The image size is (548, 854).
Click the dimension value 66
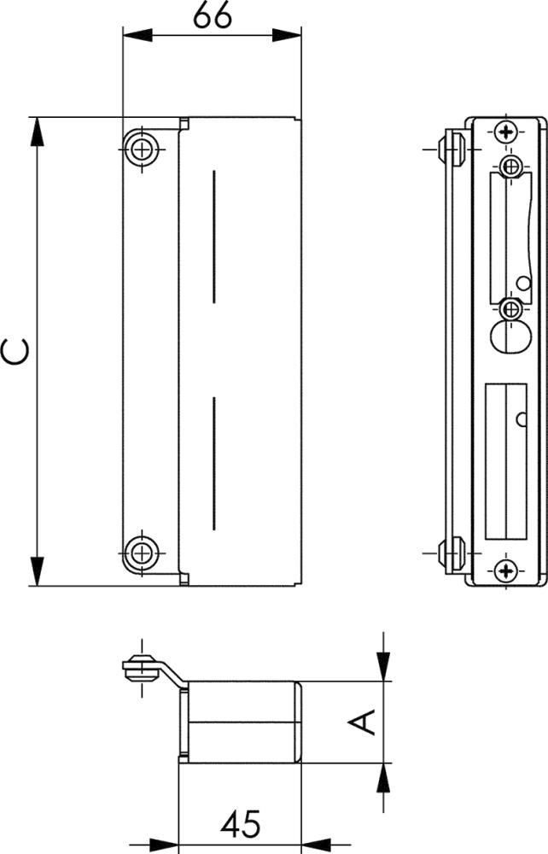(x=213, y=16)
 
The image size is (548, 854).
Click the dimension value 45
(x=241, y=823)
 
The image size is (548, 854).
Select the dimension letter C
(x=15, y=351)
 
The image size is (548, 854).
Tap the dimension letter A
(x=362, y=722)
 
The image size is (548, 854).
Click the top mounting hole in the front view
(x=142, y=149)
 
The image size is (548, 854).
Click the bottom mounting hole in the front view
(x=142, y=553)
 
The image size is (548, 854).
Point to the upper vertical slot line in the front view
(x=214, y=237)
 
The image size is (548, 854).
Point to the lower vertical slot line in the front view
(x=214, y=464)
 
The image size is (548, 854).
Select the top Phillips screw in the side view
(x=507, y=132)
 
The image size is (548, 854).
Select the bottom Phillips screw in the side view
(x=507, y=570)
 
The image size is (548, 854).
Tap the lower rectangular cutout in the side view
(x=505, y=461)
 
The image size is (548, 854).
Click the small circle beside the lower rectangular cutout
(x=522, y=419)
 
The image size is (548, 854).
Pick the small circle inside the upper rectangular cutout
(x=523, y=284)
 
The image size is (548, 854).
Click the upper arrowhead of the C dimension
(x=37, y=132)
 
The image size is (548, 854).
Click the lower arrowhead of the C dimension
(x=37, y=571)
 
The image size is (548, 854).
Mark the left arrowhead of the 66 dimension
(x=137, y=35)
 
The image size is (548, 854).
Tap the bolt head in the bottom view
(x=141, y=668)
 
